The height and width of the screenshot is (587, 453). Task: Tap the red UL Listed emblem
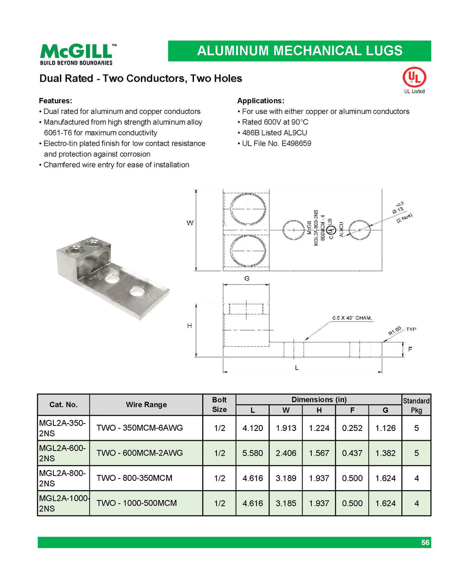pyautogui.click(x=414, y=77)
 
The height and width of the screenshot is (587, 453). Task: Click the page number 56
pyautogui.click(x=425, y=542)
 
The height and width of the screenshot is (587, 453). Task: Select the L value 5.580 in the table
pyautogui.click(x=252, y=453)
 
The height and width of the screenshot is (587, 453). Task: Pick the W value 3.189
pyautogui.click(x=286, y=478)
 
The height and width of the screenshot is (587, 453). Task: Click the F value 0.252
pyautogui.click(x=352, y=428)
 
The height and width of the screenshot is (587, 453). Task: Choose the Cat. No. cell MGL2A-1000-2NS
pyautogui.click(x=64, y=503)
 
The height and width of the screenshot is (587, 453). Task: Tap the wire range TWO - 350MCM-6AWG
pyautogui.click(x=139, y=428)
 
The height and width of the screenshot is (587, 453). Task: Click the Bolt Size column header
pyautogui.click(x=219, y=405)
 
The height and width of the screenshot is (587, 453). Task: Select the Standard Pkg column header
pyautogui.click(x=416, y=406)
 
